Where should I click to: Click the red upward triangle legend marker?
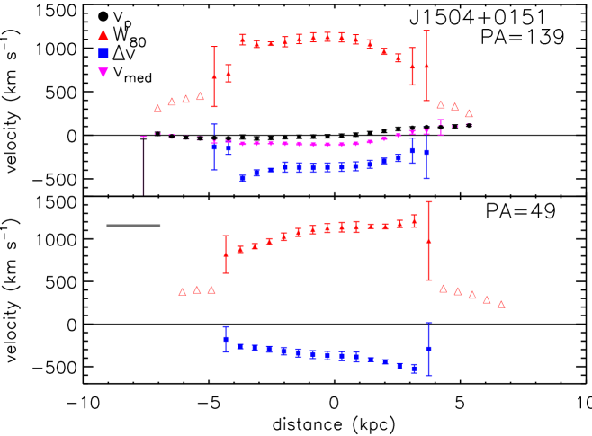click(x=103, y=35)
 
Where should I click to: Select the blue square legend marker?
click(x=103, y=54)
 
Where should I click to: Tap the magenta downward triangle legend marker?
click(x=103, y=73)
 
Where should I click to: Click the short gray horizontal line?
click(x=133, y=226)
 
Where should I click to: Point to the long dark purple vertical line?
click(x=143, y=166)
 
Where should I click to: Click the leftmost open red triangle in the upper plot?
click(x=158, y=108)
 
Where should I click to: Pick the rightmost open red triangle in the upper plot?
click(x=469, y=113)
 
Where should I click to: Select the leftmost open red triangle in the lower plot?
click(x=183, y=291)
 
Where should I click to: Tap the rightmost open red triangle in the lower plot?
click(x=501, y=304)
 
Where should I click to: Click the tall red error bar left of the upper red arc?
click(x=214, y=76)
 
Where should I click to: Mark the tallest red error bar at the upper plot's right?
click(x=426, y=66)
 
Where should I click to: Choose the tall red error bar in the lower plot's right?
click(x=428, y=241)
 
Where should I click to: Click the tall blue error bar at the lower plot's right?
click(x=428, y=349)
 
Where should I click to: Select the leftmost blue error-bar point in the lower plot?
click(x=226, y=339)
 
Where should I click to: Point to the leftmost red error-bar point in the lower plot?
click(x=226, y=254)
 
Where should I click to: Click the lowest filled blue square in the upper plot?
click(x=242, y=179)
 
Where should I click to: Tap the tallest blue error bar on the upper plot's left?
click(x=214, y=147)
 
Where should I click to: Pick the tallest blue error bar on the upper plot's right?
click(x=426, y=152)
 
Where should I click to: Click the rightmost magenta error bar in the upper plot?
click(x=441, y=127)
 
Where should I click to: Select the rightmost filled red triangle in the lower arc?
click(x=414, y=220)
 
